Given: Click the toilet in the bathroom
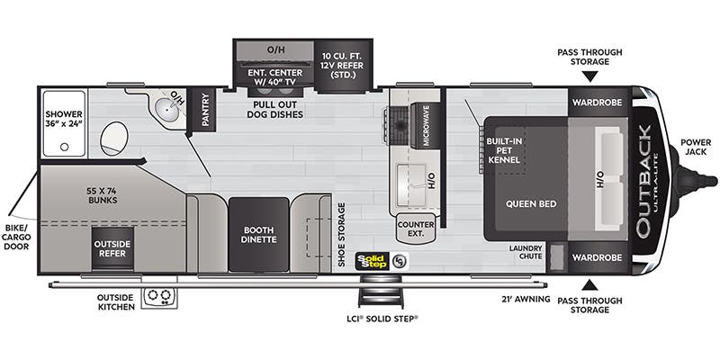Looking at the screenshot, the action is (113, 139).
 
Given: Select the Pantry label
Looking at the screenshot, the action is (205, 109).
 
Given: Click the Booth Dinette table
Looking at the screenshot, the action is (259, 234).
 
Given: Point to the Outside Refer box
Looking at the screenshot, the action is (112, 248).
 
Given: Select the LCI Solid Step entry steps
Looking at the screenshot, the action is (381, 291).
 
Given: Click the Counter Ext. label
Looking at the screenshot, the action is (416, 229).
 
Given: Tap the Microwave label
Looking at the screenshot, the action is (426, 125).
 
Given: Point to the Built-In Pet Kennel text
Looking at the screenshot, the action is (504, 150).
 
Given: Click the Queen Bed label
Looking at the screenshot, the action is (531, 204).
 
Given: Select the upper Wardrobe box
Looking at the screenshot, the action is (598, 102).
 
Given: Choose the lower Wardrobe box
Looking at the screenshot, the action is (598, 257).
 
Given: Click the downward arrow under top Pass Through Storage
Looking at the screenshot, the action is (590, 76).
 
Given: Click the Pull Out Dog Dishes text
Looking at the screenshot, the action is (274, 109).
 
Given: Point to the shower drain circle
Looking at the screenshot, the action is (64, 147).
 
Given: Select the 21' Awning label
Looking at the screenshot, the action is (526, 300).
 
